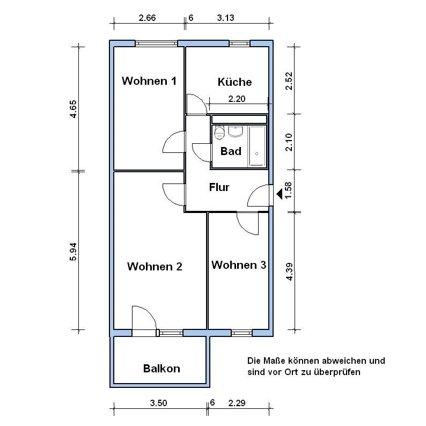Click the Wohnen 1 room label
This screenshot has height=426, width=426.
(x=149, y=80)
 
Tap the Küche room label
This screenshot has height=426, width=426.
(x=235, y=82)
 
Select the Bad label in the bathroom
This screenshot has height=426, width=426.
(x=231, y=151)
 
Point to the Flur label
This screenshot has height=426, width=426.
(x=219, y=187)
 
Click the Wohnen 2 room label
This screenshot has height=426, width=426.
(x=155, y=266)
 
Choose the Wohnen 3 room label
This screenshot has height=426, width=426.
(x=239, y=265)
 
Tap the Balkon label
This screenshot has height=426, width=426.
(x=161, y=369)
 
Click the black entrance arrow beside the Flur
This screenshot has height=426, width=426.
(x=280, y=194)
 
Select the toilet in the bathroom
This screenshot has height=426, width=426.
(x=219, y=133)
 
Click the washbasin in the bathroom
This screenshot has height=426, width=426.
(x=236, y=131)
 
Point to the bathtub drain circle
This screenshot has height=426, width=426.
(x=256, y=154)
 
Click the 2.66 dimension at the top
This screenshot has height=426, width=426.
(x=147, y=18)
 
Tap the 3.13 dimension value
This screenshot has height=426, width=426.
(x=225, y=18)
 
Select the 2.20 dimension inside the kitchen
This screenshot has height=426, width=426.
(x=237, y=99)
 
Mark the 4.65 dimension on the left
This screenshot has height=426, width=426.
(x=73, y=109)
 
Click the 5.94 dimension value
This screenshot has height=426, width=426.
(x=73, y=252)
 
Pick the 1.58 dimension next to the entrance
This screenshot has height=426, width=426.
(x=289, y=190)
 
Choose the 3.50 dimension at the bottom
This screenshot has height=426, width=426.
(x=159, y=402)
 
